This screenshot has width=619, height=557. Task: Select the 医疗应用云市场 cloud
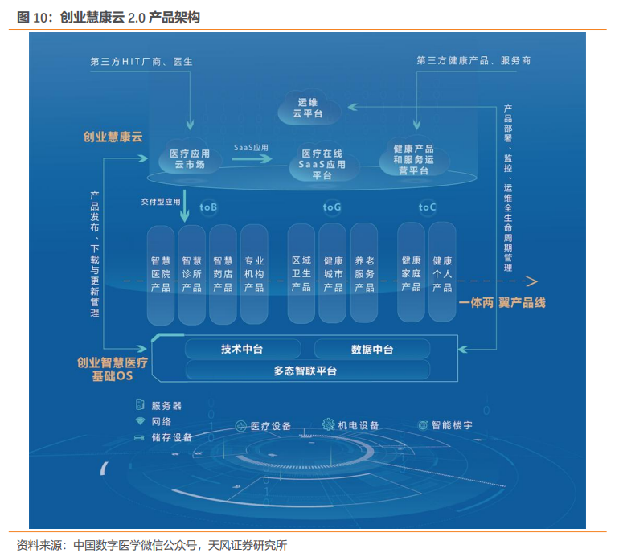(190, 158)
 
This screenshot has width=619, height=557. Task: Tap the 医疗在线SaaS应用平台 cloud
(322, 163)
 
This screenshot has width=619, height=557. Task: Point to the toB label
(208, 207)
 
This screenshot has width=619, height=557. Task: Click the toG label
(332, 207)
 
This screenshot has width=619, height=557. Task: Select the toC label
(428, 207)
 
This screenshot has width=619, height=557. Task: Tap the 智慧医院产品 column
(161, 273)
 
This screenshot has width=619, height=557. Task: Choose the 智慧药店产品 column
(223, 273)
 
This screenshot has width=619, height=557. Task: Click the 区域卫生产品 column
(301, 273)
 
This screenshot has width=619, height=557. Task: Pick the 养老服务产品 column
(364, 273)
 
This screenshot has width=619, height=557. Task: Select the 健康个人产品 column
(442, 273)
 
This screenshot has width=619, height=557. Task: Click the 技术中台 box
(242, 349)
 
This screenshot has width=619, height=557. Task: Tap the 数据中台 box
(372, 349)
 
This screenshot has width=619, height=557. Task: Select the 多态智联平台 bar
(305, 371)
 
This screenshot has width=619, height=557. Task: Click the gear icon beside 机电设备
(328, 424)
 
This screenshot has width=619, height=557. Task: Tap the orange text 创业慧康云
(113, 137)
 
